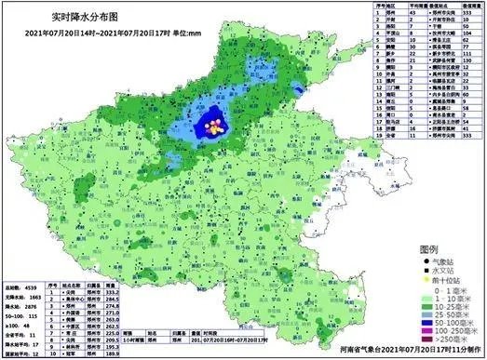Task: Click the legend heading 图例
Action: (428, 250)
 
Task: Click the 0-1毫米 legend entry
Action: (441, 294)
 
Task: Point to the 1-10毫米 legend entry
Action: (441, 303)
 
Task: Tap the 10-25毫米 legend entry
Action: (441, 312)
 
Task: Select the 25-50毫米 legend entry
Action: (441, 321)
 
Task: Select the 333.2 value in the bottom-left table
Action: (115, 290)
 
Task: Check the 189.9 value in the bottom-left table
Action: (115, 354)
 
